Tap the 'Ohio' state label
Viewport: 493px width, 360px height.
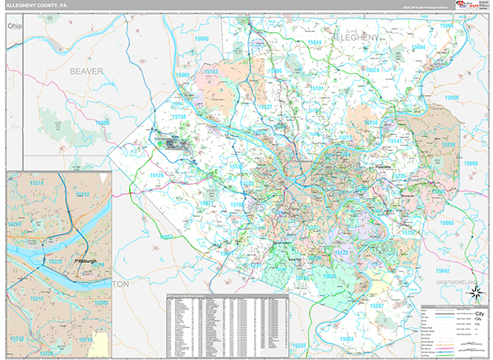(x=13, y=28)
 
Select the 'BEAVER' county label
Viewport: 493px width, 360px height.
(x=86, y=72)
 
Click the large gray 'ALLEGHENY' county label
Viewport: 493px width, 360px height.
(x=357, y=39)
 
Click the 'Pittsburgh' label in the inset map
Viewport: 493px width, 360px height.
(x=85, y=261)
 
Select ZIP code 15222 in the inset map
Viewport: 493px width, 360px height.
(x=58, y=261)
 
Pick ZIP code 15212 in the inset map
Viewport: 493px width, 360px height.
(x=82, y=195)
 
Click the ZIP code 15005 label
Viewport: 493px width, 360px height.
(x=201, y=39)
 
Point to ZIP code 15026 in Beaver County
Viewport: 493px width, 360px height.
(x=102, y=122)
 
